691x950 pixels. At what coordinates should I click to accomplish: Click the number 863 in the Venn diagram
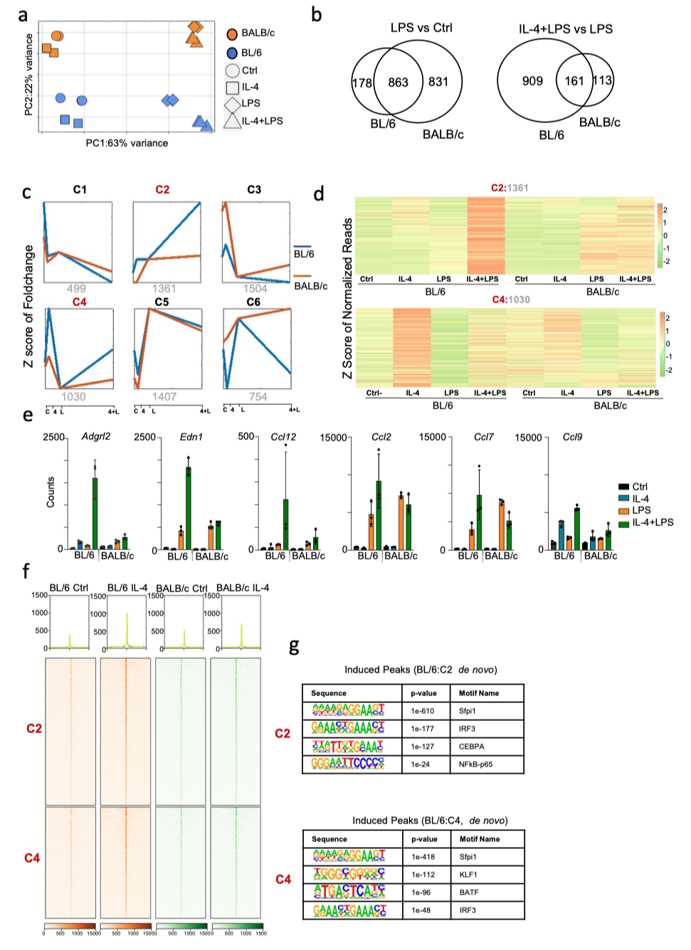point(398,83)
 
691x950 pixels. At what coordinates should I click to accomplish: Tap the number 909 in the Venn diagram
point(532,81)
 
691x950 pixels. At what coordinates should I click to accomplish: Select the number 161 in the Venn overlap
point(574,81)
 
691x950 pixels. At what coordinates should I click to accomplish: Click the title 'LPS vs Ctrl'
point(421,28)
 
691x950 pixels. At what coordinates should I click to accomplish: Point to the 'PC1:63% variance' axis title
point(127,143)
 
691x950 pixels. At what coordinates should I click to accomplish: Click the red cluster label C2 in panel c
point(162,189)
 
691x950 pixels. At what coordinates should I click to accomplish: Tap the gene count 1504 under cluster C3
point(255,288)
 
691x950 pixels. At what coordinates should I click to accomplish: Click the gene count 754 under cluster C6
point(258,396)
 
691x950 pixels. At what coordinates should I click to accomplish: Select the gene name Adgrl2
point(96,436)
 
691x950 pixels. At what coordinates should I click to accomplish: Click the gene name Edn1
point(191,437)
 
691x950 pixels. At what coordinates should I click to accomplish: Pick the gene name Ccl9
point(572,437)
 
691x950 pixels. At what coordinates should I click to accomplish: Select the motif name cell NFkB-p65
point(475,764)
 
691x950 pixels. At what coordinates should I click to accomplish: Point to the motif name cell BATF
point(469,892)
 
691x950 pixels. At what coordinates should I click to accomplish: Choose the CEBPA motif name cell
point(471,746)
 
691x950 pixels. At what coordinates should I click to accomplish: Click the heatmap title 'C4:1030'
point(511,300)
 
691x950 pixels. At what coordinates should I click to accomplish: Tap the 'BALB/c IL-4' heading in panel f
point(243,588)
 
